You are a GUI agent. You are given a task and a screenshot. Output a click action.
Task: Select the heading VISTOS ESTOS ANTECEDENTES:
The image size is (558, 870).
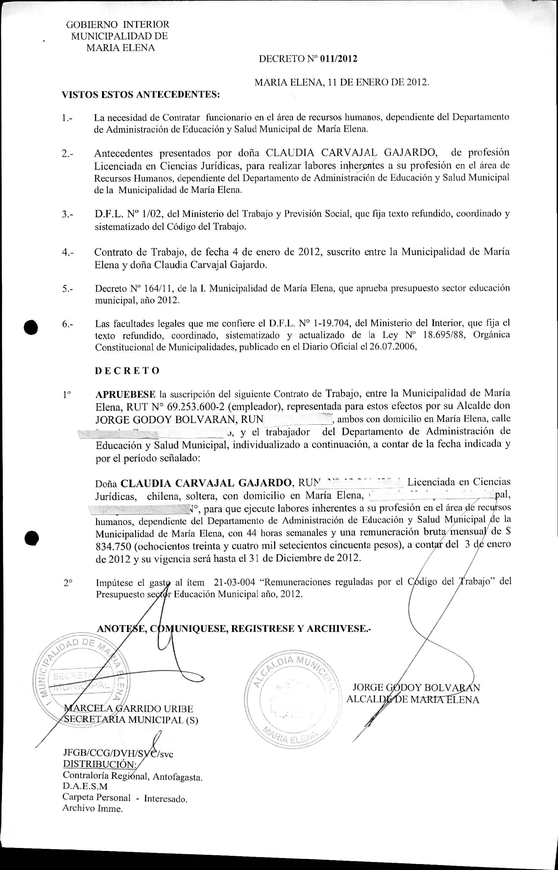click(141, 95)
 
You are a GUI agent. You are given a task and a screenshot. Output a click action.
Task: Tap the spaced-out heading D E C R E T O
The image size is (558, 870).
click(127, 371)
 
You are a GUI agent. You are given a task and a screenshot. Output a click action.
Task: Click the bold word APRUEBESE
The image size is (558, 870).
click(125, 394)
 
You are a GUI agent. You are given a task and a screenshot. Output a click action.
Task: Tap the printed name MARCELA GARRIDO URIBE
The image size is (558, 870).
click(129, 709)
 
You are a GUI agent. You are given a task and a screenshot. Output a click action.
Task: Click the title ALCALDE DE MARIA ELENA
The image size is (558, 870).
click(413, 699)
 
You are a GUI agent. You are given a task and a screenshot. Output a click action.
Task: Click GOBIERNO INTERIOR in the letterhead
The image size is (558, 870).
click(118, 25)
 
